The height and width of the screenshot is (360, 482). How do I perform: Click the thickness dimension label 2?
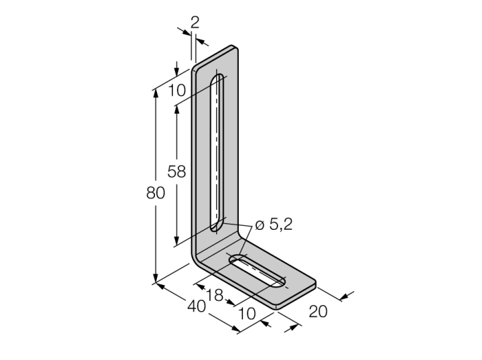pos(194,22)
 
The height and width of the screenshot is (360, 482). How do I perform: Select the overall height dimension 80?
pos(156,193)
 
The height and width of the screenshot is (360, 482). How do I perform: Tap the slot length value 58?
pos(177,172)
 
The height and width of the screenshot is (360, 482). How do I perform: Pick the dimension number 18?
pos(215,294)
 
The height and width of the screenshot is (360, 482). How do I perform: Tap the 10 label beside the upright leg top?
pos(176,89)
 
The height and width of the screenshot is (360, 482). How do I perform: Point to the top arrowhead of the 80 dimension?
pos(156,93)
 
